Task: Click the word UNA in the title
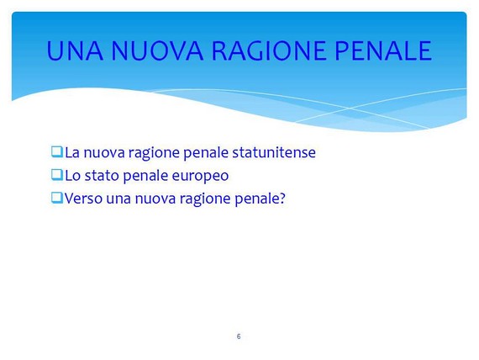(75, 50)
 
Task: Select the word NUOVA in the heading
(157, 50)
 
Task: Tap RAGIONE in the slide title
(269, 50)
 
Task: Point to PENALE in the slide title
(383, 50)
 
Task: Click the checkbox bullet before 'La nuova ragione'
(57, 151)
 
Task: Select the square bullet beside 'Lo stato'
(57, 175)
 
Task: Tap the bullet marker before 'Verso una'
(57, 198)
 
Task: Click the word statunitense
(274, 152)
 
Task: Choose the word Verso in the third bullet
(83, 199)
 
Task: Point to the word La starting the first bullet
(72, 152)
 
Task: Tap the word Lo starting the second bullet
(73, 176)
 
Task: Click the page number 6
(239, 336)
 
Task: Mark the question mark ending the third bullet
(282, 199)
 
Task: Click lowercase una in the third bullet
(118, 199)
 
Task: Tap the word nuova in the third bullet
(155, 199)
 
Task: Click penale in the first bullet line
(206, 153)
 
